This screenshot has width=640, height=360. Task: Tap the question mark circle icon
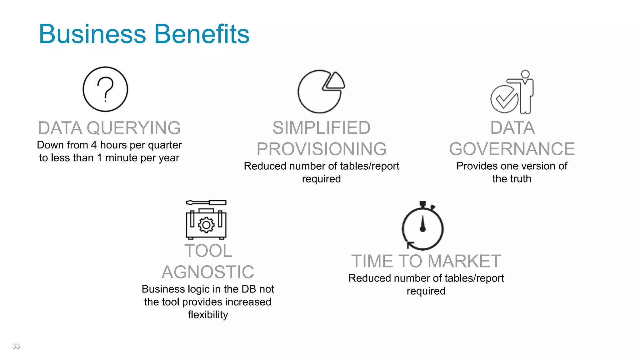[x=105, y=89]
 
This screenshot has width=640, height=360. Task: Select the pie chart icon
[x=320, y=92]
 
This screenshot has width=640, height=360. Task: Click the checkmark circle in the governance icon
[x=504, y=99]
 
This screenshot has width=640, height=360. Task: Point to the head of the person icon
[x=525, y=74]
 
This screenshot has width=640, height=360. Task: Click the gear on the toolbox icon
[x=206, y=225]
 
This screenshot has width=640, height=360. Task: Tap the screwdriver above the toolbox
[x=206, y=202]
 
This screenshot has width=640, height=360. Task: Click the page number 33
[x=16, y=346]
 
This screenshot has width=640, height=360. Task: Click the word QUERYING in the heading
[x=133, y=128]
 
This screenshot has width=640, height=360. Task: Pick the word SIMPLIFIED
[x=321, y=128]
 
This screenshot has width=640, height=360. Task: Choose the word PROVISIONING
[x=321, y=149]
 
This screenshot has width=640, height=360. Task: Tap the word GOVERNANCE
[x=512, y=149]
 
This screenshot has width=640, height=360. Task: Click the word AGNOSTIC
[x=208, y=272]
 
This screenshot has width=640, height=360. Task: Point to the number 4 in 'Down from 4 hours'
[x=94, y=145]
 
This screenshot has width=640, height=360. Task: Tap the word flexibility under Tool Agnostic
[x=208, y=315]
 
